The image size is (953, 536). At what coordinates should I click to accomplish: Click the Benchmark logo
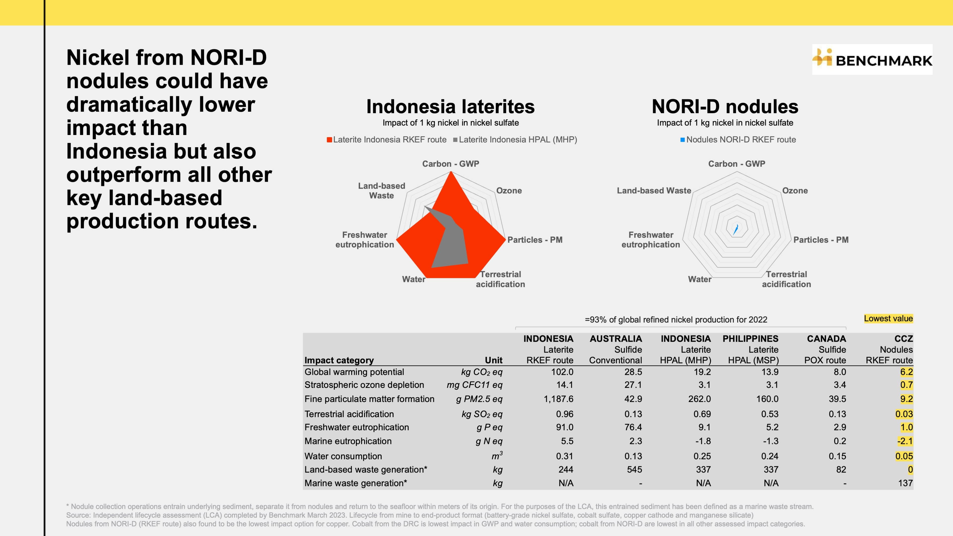point(872,59)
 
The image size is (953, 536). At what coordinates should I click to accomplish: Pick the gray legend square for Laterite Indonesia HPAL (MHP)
point(455,140)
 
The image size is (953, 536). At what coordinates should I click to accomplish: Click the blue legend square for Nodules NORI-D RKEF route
point(682,140)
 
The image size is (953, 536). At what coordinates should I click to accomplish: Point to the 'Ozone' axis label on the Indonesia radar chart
point(509,191)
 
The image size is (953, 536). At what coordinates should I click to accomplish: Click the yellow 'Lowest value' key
point(888,318)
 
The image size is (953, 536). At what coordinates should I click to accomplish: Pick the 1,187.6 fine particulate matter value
point(558,399)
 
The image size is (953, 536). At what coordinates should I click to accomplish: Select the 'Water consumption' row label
point(343,456)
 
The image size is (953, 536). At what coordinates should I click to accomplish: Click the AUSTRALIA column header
point(615,338)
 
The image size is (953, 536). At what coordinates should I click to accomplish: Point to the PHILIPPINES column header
point(750,338)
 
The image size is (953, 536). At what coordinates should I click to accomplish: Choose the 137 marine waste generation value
point(905,483)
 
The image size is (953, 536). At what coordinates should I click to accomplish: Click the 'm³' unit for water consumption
point(497,456)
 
